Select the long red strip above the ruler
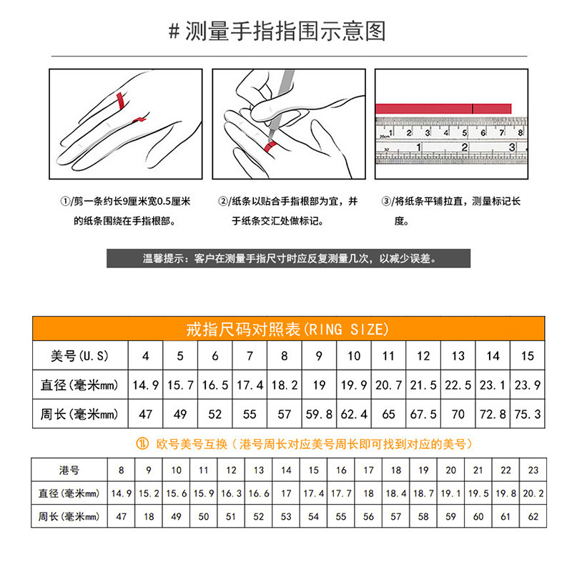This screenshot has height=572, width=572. point(443,108)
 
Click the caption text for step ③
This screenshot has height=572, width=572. point(450,211)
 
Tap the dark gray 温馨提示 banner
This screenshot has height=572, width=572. point(289,258)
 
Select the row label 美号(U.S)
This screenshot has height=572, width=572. point(79,356)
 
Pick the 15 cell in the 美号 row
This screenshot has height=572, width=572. point(527,356)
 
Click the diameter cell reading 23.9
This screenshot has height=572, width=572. point(527,385)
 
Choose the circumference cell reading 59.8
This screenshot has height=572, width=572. point(319,414)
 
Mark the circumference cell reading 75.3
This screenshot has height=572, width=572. point(527,414)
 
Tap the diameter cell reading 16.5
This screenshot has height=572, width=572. point(215,385)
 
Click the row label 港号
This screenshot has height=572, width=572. point(69,470)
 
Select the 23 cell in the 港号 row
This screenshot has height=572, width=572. point(533,470)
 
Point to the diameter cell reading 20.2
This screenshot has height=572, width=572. point(533,493)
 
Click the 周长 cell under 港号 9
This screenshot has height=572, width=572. point(149,516)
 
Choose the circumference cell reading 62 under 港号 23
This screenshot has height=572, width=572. point(533,516)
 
